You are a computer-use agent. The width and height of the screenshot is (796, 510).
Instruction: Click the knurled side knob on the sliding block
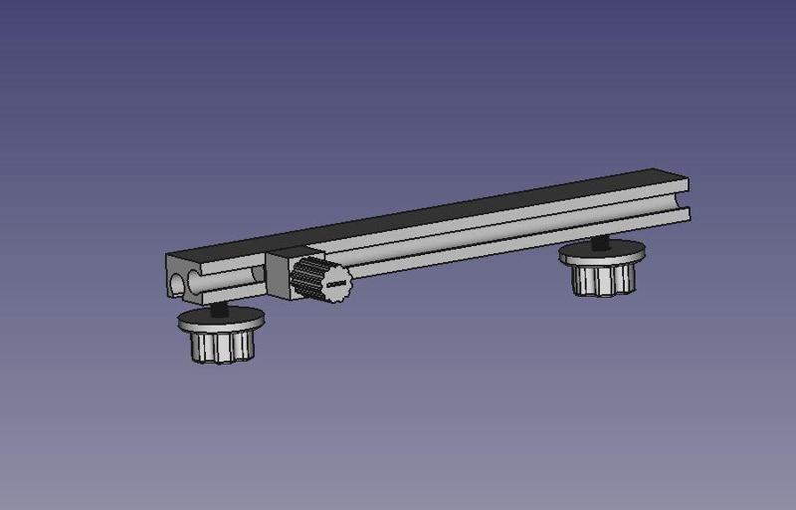tap(320, 280)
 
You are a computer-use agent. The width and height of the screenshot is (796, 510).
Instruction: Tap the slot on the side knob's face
tap(335, 286)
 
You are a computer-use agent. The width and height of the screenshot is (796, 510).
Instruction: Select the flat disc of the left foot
tap(222, 322)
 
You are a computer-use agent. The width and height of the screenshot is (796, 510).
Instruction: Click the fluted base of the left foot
tap(221, 347)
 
